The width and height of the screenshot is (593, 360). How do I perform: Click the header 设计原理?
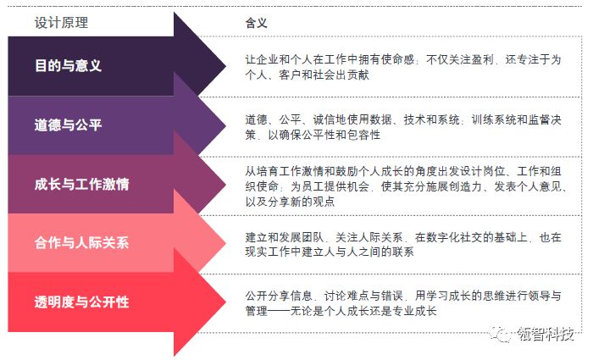[x=61, y=23]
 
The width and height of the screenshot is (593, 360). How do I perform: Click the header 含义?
[x=255, y=23]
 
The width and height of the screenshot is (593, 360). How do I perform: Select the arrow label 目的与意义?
[x=69, y=66]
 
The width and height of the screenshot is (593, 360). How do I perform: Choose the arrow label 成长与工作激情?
[x=81, y=184]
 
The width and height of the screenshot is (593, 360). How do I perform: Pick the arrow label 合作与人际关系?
[x=81, y=243]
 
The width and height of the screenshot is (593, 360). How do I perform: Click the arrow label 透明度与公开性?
[x=81, y=302]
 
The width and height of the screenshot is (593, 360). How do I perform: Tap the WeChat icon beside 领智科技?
[x=502, y=334]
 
